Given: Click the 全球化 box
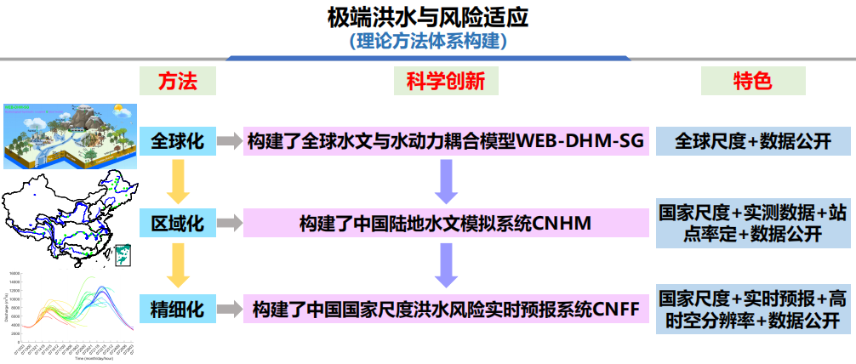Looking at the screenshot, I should tap(178, 141).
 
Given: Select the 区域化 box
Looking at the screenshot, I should tap(178, 224).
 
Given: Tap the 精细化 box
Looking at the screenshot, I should tap(178, 308).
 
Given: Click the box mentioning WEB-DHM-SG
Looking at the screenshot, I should tap(446, 141).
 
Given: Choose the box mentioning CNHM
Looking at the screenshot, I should tap(446, 224).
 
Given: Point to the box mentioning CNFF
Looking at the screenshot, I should tap(446, 308).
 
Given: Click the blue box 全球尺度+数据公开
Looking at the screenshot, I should tap(753, 141).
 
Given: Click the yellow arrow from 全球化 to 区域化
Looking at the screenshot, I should tap(177, 181).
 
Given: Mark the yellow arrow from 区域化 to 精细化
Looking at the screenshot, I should tap(177, 264).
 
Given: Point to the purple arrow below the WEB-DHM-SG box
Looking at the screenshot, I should tap(446, 181).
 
